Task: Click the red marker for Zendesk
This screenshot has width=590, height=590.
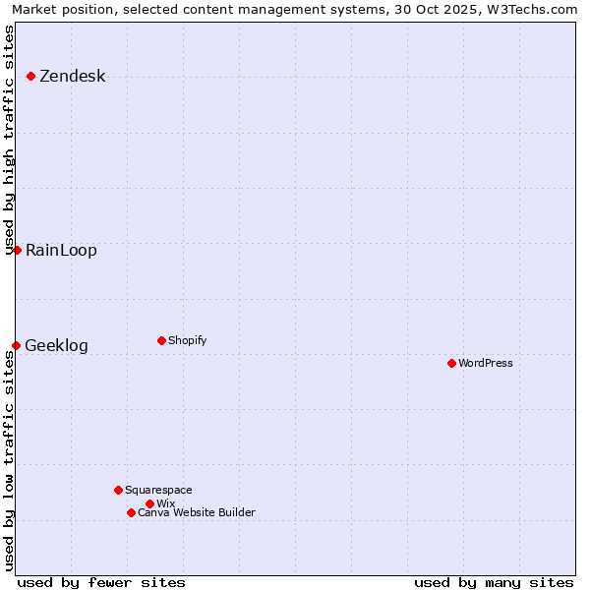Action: click(30, 76)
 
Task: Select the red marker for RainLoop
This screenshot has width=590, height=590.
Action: click(17, 250)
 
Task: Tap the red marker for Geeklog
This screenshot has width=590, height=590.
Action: click(16, 345)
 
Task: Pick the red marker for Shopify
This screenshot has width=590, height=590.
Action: click(161, 340)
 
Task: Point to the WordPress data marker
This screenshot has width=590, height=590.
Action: click(451, 363)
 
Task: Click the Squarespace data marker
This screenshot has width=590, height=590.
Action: click(118, 490)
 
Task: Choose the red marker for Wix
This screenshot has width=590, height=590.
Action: click(149, 503)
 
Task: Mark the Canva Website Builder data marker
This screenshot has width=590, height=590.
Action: click(131, 512)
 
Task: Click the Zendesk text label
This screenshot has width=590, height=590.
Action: click(72, 77)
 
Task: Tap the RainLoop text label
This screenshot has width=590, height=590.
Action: click(61, 251)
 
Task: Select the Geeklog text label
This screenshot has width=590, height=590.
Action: click(56, 346)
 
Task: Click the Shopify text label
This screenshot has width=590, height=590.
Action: click(187, 340)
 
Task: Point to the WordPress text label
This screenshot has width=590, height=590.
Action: click(486, 363)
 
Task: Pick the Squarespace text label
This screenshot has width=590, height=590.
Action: click(158, 490)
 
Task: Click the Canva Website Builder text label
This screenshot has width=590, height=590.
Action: click(197, 512)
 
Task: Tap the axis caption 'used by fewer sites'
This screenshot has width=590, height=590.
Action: click(101, 582)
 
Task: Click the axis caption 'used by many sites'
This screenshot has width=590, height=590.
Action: click(494, 582)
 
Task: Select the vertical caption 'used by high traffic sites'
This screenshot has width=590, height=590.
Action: click(10, 140)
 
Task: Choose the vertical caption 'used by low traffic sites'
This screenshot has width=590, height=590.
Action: click(10, 460)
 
